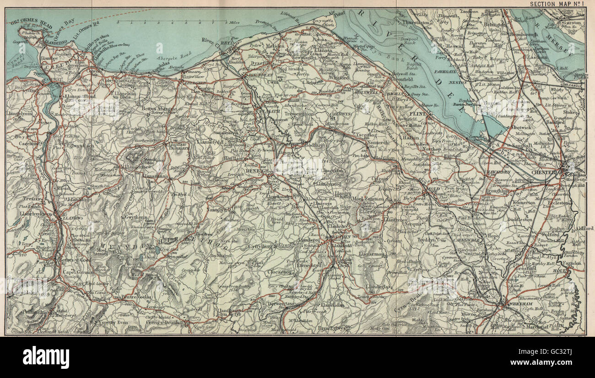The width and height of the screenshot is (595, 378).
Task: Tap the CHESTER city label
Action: pos(543,172)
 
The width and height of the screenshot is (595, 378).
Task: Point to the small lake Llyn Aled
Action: pos(157,250)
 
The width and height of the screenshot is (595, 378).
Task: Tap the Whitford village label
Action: pos(338,78)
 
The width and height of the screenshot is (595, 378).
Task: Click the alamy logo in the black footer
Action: pos(46,357)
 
